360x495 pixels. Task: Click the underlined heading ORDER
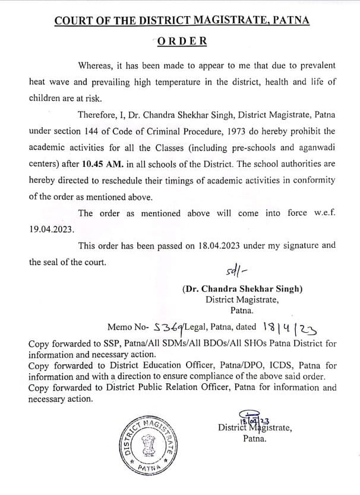182,41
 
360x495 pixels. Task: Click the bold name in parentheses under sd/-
242,289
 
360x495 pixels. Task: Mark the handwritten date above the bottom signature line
252,418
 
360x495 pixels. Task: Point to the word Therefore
99,113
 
